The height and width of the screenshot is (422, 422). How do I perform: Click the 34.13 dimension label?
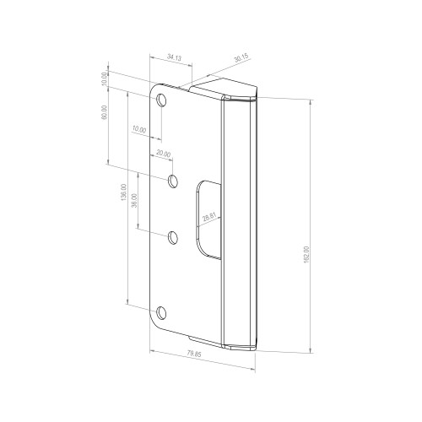click(x=175, y=57)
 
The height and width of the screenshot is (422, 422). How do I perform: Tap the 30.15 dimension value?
click(x=241, y=58)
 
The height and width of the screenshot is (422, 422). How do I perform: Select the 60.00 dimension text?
click(x=104, y=112)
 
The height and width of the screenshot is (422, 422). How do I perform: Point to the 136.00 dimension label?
click(x=123, y=192)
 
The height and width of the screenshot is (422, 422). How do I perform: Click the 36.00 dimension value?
click(x=134, y=201)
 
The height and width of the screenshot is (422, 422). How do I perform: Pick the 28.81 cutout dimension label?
click(x=209, y=217)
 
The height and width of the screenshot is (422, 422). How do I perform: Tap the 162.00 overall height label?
click(x=306, y=255)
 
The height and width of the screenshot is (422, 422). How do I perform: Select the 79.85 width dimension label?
click(x=194, y=354)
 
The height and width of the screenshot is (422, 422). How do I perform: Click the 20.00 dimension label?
click(x=164, y=154)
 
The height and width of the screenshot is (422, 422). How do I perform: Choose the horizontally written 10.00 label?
click(x=139, y=130)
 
